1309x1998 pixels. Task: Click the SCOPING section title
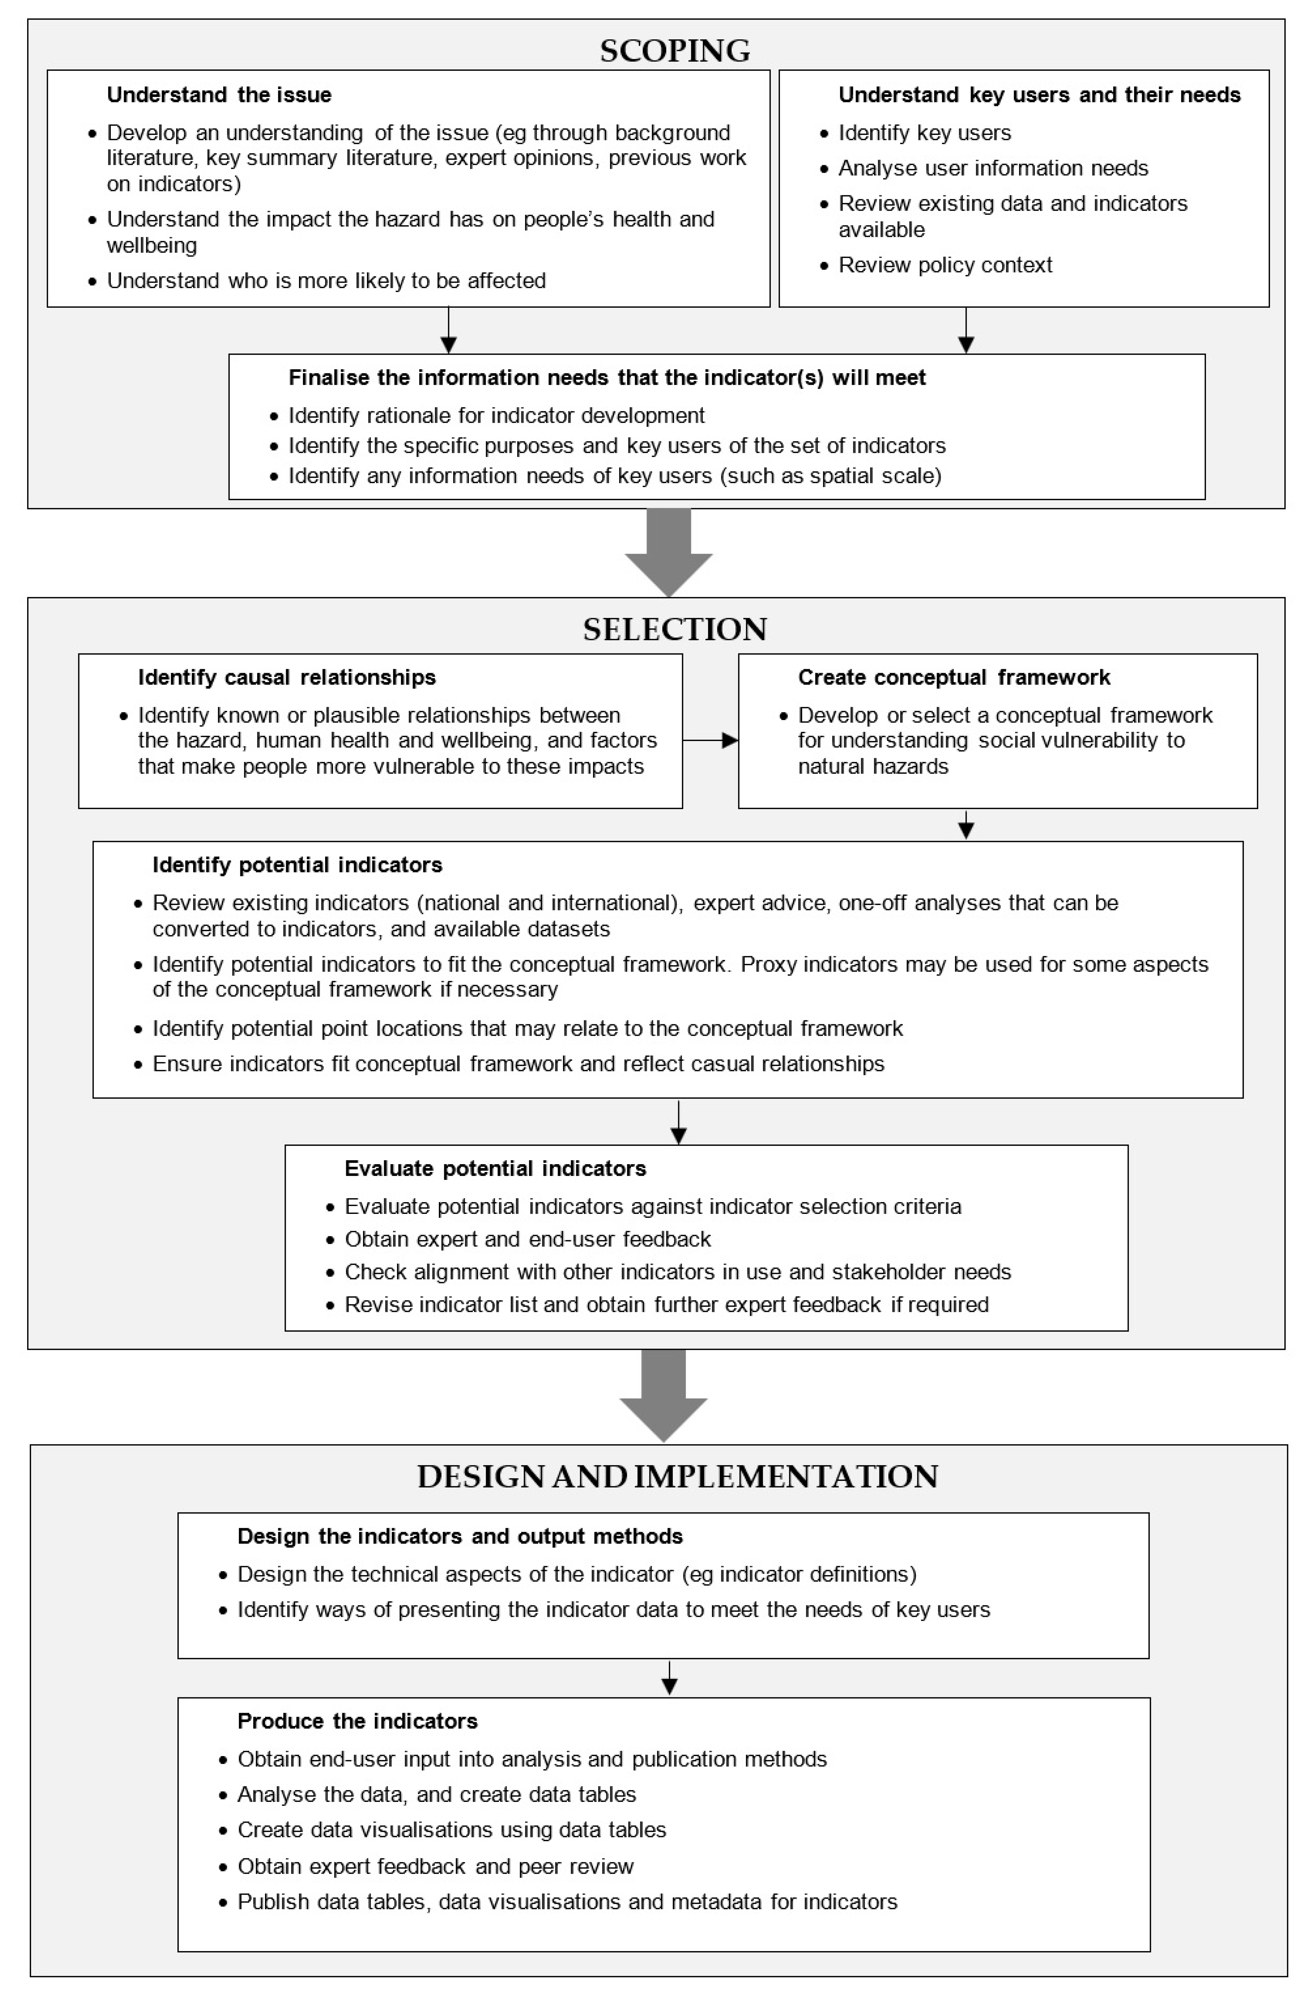pos(675,51)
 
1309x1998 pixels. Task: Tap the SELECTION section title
pos(675,629)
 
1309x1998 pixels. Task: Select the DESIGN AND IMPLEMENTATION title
pos(677,1477)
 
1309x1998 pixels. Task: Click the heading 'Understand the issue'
pos(219,95)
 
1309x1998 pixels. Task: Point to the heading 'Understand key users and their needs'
pos(1039,95)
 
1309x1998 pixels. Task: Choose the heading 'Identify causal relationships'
pos(287,677)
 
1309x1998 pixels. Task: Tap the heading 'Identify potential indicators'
pos(297,865)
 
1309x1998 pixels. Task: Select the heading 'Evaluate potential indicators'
pos(495,1168)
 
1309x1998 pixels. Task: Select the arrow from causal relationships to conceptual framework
pos(710,740)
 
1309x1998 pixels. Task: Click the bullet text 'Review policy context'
pos(945,265)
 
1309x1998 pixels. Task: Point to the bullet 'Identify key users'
pos(925,133)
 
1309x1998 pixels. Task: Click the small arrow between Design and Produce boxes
pos(669,1677)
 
